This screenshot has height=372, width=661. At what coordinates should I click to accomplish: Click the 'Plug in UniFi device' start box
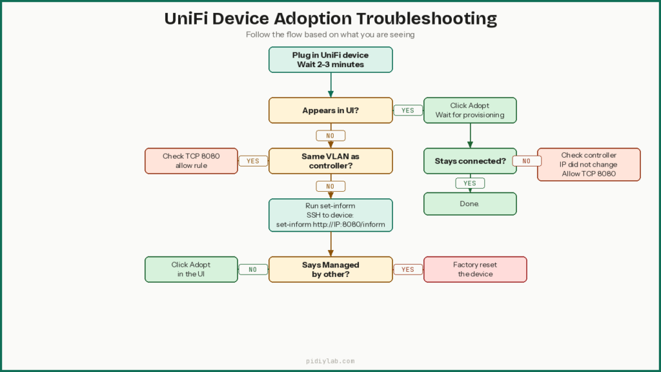[x=330, y=59]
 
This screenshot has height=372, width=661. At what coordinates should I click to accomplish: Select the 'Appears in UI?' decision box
[x=330, y=110]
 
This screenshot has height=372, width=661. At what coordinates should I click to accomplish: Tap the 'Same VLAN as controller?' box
[x=330, y=161]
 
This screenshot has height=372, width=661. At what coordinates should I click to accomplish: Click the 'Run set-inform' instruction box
[x=330, y=215]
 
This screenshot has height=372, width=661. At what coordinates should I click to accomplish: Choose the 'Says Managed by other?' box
[x=330, y=269]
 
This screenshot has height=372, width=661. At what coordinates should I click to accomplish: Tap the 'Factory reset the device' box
[x=475, y=269]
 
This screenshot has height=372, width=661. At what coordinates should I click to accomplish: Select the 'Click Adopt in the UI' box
[x=191, y=269]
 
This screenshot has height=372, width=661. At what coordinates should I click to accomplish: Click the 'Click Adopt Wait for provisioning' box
[x=470, y=110]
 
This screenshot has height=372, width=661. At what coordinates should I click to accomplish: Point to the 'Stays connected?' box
[x=470, y=161]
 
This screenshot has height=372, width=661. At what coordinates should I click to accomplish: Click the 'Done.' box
[x=470, y=203]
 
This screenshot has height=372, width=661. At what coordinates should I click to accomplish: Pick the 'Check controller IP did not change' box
[x=589, y=165]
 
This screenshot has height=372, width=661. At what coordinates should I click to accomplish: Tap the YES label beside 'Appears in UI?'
[x=408, y=110]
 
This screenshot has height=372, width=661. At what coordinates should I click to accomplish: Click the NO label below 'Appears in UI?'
[x=330, y=136]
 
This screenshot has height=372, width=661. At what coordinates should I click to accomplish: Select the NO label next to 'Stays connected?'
[x=527, y=161]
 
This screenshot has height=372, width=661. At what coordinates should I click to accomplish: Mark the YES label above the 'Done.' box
[x=470, y=183]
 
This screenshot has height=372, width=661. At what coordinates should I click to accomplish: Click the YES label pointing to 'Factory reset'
[x=408, y=269]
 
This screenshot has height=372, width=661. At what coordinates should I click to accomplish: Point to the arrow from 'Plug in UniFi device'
[x=330, y=85]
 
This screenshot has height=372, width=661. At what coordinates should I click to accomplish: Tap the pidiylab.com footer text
[x=330, y=362]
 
